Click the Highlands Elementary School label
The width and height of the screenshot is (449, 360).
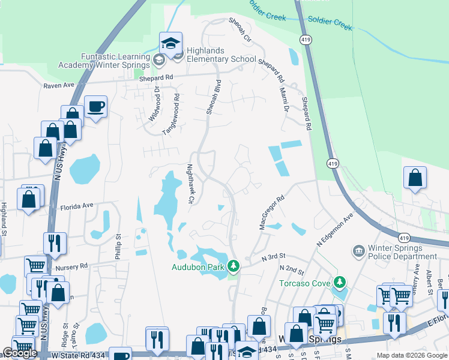point(212,55)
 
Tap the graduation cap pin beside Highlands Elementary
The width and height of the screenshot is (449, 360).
point(170,44)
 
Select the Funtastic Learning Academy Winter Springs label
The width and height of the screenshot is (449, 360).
point(103,61)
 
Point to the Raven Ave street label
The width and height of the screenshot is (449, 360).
point(58,86)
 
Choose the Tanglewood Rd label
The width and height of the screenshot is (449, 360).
point(176,109)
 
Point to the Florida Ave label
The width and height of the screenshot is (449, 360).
point(77,206)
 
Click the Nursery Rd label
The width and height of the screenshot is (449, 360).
point(71,265)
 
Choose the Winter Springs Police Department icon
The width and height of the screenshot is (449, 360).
point(359,250)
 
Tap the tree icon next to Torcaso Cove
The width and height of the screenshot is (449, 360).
point(340,281)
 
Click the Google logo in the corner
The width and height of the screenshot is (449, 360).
point(20,353)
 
